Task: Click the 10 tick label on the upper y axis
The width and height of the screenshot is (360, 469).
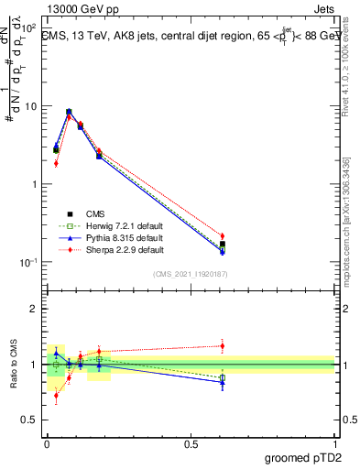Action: click(32, 106)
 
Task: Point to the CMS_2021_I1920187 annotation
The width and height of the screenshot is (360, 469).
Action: click(190, 274)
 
